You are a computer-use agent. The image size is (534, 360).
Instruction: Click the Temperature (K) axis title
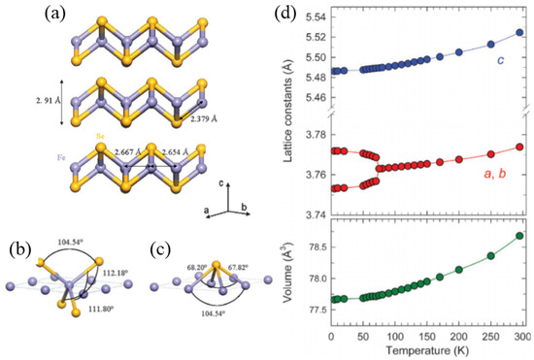(x=427, y=346)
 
